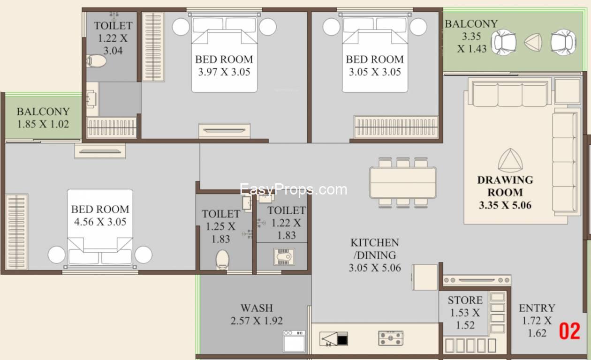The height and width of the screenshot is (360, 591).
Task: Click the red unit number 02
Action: click(569, 331)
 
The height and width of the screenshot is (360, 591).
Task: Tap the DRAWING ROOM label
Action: click(505, 186)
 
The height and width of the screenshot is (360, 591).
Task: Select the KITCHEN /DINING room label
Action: click(374, 249)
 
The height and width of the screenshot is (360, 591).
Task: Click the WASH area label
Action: click(257, 308)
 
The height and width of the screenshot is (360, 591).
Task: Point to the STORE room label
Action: click(465, 300)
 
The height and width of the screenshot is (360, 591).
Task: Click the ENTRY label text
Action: click(537, 308)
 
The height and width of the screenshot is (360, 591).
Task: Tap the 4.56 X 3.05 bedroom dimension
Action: click(100, 222)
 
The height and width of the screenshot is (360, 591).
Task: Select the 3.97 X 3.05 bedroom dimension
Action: click(224, 72)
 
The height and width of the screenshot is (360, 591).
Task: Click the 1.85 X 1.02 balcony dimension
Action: click(43, 124)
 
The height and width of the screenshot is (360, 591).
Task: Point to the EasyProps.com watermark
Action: click(294, 189)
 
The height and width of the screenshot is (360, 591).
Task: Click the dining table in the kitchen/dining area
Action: click(403, 182)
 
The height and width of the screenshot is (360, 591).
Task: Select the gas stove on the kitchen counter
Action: click(391, 337)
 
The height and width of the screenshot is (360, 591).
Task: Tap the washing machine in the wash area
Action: click(294, 341)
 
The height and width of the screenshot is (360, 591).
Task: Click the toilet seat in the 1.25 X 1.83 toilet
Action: click(223, 259)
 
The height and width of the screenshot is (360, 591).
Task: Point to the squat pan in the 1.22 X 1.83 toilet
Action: click(284, 256)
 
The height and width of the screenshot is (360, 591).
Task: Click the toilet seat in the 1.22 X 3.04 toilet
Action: click(97, 60)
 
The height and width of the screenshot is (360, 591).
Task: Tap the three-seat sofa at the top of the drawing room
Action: click(510, 94)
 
